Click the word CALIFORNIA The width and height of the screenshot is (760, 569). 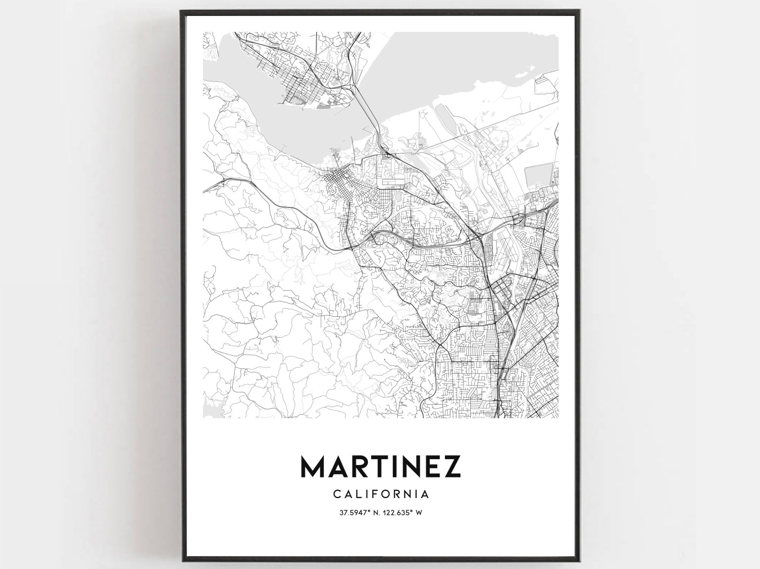pyautogui.click(x=381, y=494)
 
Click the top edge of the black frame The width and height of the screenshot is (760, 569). pyautogui.click(x=380, y=12)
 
